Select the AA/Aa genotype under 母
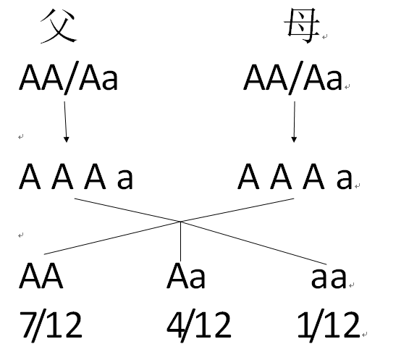click(x=292, y=78)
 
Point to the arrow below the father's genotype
click(x=66, y=122)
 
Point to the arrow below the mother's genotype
click(x=293, y=122)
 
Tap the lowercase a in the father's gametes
click(x=125, y=179)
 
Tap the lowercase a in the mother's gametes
click(x=344, y=179)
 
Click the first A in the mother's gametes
click(x=249, y=177)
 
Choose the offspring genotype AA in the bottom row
click(x=41, y=277)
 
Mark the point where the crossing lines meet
click(x=181, y=222)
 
